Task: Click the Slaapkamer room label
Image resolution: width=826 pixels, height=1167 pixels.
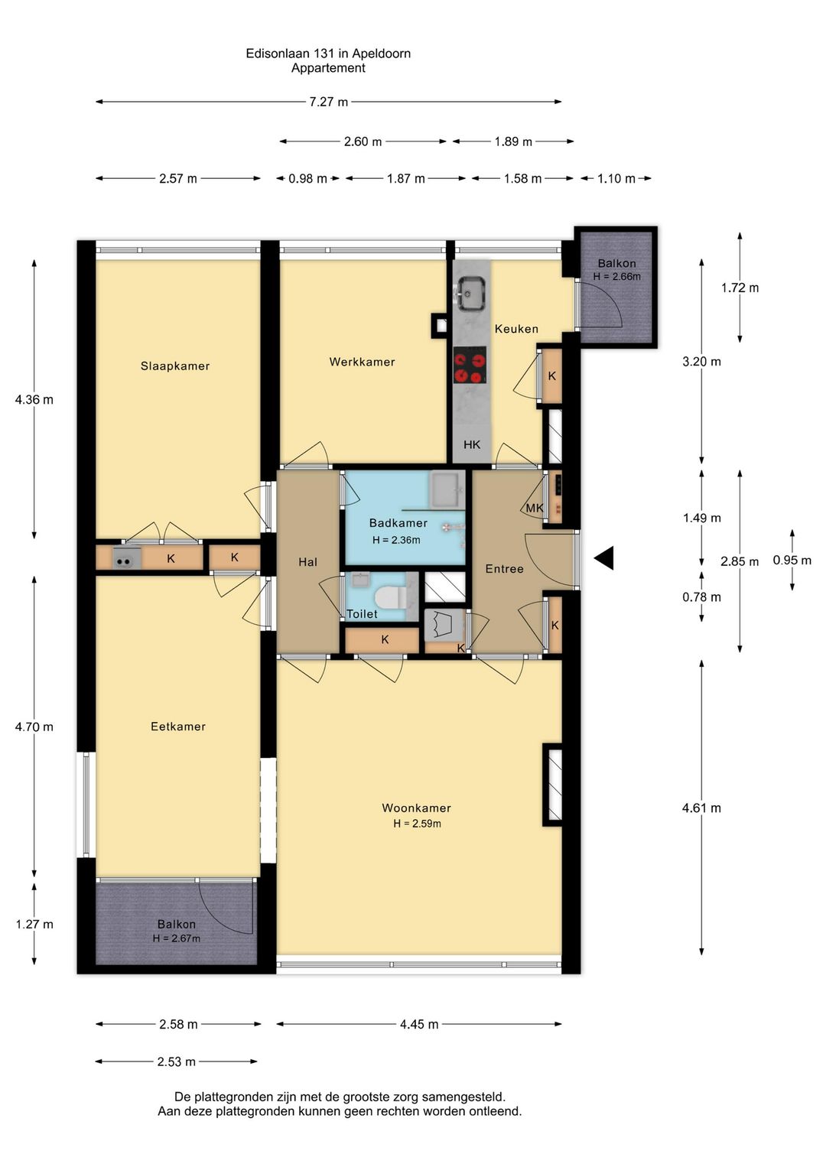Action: click(175, 366)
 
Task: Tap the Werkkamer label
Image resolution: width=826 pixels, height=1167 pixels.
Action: click(363, 362)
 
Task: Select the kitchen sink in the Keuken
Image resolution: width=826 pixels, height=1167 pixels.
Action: click(472, 294)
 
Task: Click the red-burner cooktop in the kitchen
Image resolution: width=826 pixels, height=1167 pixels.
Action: click(470, 366)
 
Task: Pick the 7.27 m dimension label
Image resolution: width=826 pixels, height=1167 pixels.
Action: click(328, 102)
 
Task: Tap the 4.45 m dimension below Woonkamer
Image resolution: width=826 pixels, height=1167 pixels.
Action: click(419, 1024)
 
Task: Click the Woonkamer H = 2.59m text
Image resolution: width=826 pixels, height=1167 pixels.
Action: click(417, 824)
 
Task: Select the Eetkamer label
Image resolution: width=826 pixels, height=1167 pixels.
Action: click(178, 727)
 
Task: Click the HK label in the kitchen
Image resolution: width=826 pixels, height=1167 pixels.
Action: click(472, 444)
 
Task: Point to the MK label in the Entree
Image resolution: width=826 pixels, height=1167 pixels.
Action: click(535, 508)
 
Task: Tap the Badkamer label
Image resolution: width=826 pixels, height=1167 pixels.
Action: click(398, 522)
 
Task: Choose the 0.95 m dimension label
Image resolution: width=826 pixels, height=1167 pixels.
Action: click(792, 560)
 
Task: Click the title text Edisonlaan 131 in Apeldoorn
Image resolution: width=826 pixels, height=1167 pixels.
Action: click(328, 53)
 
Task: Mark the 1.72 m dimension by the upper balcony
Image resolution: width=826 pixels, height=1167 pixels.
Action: click(740, 288)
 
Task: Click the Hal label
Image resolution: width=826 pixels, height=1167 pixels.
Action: click(308, 561)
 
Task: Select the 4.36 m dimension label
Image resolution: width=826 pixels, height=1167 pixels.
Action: click(34, 400)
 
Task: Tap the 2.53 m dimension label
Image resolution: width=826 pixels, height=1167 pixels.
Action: click(177, 1061)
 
